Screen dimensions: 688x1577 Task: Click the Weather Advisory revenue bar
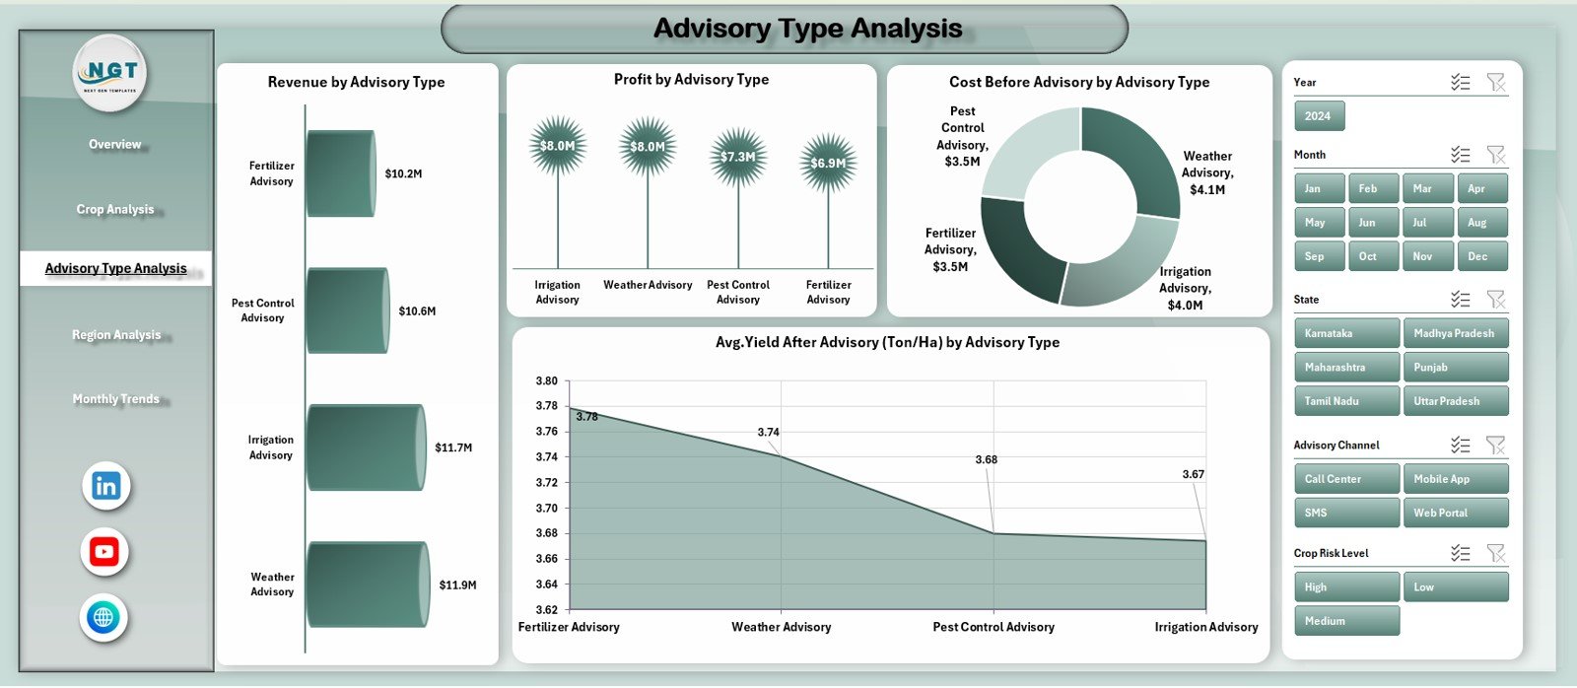[x=367, y=585]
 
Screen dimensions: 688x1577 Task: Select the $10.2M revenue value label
[x=403, y=173]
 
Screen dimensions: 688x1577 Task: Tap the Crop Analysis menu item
[x=115, y=209]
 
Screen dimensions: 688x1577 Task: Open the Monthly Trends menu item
[x=115, y=399]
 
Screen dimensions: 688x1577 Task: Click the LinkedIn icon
[x=105, y=485]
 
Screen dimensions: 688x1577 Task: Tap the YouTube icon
[x=104, y=551]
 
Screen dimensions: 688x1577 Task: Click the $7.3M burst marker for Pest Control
[x=737, y=157]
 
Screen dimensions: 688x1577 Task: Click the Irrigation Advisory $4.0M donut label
[x=1185, y=288]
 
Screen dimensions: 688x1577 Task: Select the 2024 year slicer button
[x=1318, y=116]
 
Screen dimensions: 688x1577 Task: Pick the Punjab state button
[x=1455, y=368]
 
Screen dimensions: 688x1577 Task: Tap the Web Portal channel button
[x=1455, y=513]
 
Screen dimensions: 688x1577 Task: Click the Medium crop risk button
[x=1346, y=621]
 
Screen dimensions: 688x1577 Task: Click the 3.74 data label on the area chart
[x=768, y=432]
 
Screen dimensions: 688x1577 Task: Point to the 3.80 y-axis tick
[x=546, y=380]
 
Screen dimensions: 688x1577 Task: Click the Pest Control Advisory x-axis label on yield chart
[x=993, y=627]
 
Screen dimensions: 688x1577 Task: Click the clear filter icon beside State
[x=1495, y=299]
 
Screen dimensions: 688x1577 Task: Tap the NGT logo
[x=110, y=72]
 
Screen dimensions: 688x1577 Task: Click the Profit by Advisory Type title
[x=691, y=79]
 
